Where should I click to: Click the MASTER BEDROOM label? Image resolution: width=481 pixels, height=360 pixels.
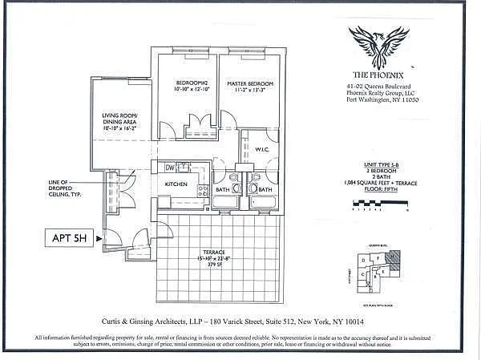(x=249, y=84)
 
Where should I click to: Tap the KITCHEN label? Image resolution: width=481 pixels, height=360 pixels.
(x=176, y=184)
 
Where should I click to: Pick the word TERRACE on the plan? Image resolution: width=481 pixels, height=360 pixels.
(x=216, y=250)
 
